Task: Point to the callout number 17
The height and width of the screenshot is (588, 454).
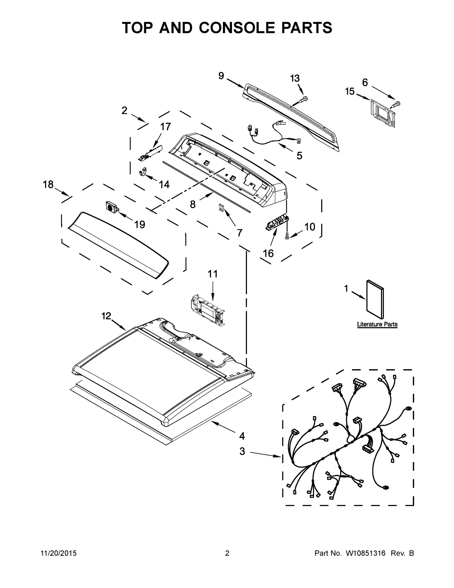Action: tap(166, 126)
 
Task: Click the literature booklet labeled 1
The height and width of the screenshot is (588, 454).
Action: tap(375, 299)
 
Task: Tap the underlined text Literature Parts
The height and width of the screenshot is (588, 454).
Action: tap(377, 324)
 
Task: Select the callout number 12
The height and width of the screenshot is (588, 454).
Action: tap(106, 316)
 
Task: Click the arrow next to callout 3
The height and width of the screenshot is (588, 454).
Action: tap(265, 454)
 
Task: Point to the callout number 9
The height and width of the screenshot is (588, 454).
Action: tap(221, 76)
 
